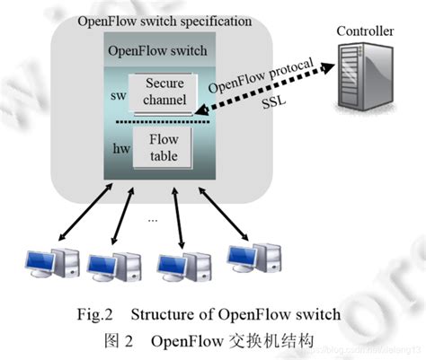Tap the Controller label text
pos(364,32)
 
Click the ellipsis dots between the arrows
pos(154,218)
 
